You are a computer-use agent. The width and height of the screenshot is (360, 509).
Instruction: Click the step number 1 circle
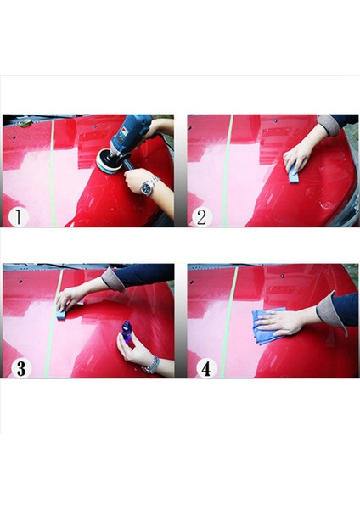click(x=19, y=217)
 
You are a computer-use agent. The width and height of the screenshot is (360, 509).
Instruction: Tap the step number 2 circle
click(x=202, y=217)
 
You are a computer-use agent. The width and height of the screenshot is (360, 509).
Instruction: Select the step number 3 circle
click(x=21, y=368)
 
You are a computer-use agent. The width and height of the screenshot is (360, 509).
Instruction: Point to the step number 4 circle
click(x=206, y=368)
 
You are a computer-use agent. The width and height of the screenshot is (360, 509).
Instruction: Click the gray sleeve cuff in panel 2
click(x=328, y=125)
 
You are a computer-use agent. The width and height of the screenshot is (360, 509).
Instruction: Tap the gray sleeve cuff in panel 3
click(x=112, y=280)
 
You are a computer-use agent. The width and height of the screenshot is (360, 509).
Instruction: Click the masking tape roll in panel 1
click(x=25, y=122)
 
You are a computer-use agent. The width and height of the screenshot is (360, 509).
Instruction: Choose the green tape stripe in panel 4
click(x=228, y=321)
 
